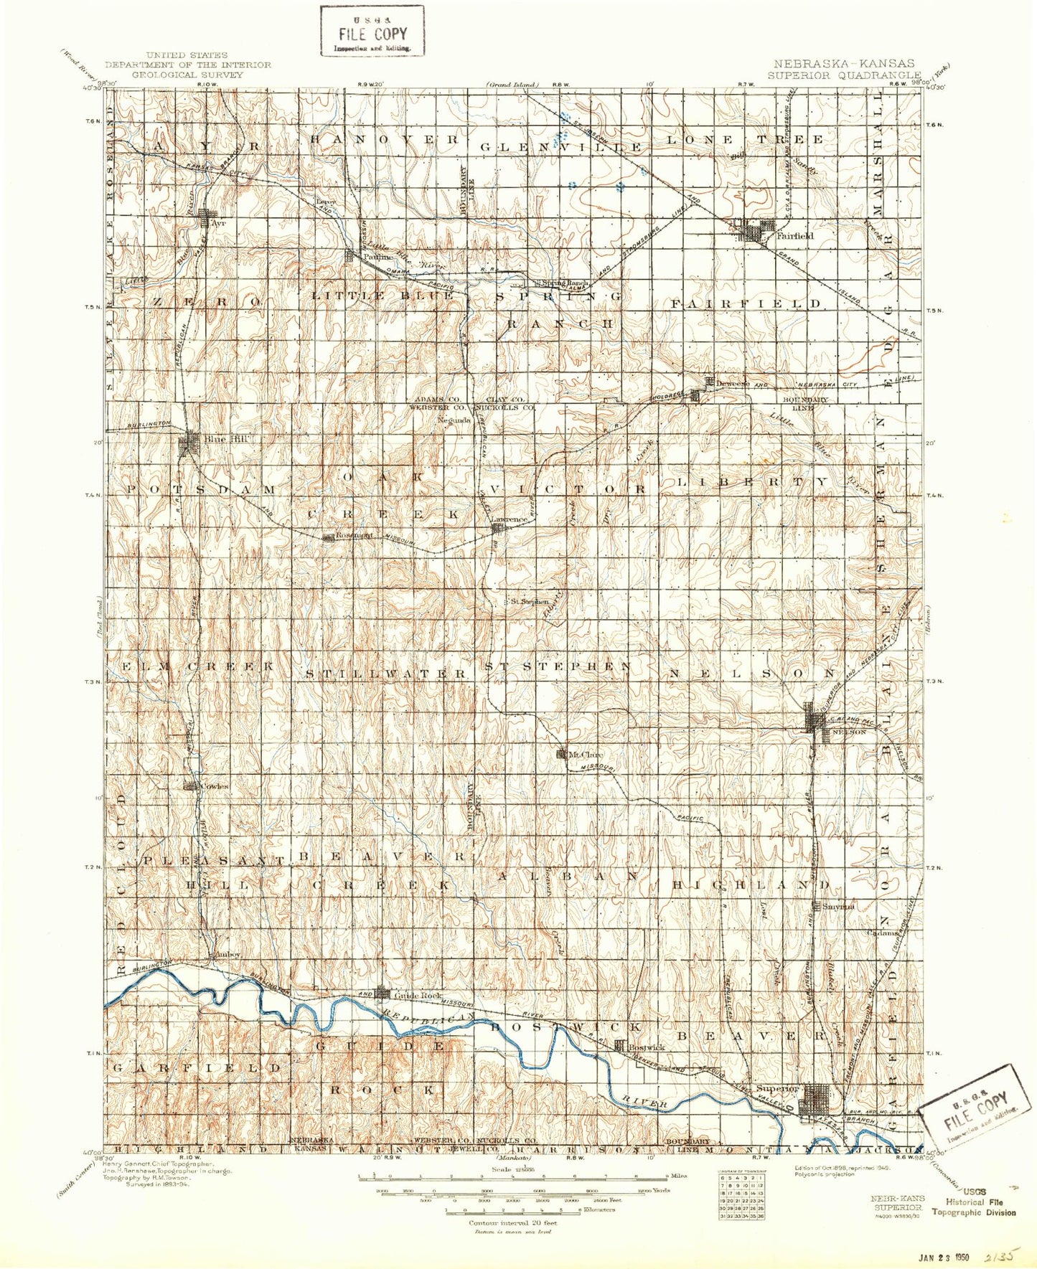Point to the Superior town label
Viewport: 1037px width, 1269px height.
pos(776,1088)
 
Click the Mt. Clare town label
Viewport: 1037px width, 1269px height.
pos(586,755)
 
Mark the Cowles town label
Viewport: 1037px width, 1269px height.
pos(215,786)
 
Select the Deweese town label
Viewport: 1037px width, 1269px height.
pos(733,384)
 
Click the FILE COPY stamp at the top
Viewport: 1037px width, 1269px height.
pos(372,32)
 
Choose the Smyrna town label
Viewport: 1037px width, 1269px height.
pos(838,906)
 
